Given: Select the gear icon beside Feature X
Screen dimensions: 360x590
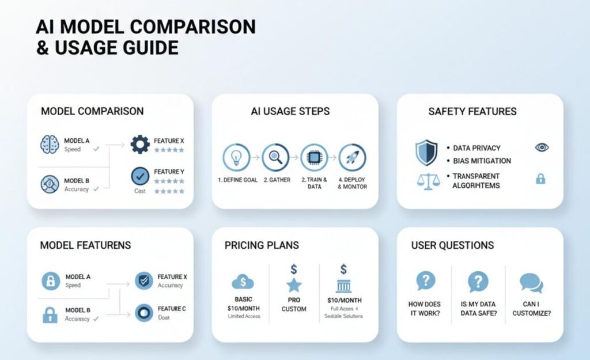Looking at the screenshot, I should [140, 144].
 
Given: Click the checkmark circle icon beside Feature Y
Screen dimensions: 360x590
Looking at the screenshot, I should [140, 176].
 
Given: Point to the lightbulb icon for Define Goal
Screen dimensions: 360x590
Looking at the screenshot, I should [236, 157].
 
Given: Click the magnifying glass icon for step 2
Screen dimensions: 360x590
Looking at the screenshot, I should [275, 157].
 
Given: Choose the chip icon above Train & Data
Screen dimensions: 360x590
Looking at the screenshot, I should [314, 157].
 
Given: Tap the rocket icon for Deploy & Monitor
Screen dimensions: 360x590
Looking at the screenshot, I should [353, 157].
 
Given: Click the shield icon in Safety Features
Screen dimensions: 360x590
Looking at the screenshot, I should [426, 153].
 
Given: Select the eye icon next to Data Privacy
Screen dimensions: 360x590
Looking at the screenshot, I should [541, 147].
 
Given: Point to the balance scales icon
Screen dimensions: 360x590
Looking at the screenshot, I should [427, 180].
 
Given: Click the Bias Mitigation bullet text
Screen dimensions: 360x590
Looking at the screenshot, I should [482, 161].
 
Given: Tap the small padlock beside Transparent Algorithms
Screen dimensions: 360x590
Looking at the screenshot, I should [540, 179].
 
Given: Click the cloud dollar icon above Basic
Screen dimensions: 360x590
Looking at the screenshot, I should [242, 282].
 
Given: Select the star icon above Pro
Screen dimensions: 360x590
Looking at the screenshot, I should [294, 285].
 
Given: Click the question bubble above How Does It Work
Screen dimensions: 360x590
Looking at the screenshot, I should [425, 281].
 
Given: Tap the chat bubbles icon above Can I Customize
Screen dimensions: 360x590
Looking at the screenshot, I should [531, 282].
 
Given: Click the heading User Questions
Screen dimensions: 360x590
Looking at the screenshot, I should [452, 245].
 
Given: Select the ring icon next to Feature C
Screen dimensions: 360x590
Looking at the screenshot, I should [143, 313].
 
